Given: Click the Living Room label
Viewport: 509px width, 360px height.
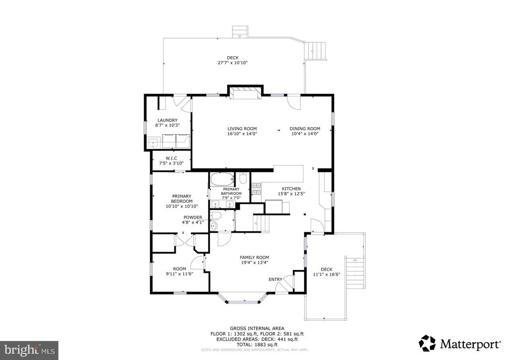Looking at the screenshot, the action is click(242, 129).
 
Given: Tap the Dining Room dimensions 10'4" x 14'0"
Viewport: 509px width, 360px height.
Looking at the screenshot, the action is click(305, 133).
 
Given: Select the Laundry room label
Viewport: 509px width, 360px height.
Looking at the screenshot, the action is click(168, 120).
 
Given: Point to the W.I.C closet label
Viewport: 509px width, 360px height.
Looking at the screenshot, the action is click(171, 159).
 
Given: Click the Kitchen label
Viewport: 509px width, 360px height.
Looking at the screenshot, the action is click(291, 188).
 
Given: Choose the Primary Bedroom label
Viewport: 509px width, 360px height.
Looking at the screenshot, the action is click(182, 199).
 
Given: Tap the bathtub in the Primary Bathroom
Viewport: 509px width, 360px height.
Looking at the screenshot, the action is click(222, 179).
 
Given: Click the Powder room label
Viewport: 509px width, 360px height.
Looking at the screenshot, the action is click(193, 217).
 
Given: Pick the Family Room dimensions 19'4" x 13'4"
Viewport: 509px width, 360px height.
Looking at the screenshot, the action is click(255, 263).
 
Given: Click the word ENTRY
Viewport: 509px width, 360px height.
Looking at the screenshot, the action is click(275, 279).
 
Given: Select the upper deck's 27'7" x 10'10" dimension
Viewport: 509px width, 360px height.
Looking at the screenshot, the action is click(233, 63).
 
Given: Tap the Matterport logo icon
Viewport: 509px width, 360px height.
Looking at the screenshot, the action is click(427, 344).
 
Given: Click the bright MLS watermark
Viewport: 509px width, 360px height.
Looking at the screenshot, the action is click(29, 350).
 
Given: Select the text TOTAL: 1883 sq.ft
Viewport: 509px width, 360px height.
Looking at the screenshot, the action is click(257, 345).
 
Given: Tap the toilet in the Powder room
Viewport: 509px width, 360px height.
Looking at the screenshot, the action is click(216, 215).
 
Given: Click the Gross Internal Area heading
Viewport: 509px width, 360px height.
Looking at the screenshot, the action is click(257, 329).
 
